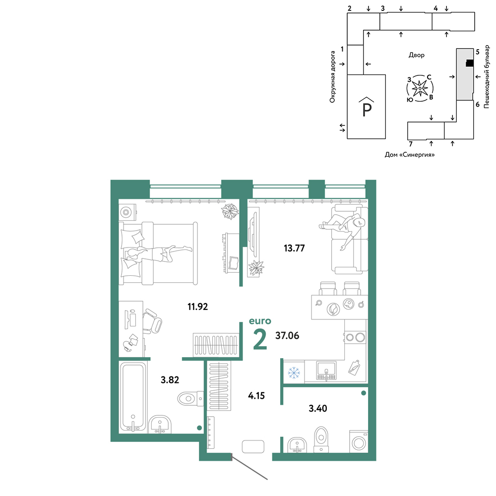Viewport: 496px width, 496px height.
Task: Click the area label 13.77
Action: [294, 248]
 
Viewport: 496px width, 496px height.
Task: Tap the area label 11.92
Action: [198, 307]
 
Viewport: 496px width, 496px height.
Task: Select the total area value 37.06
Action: [287, 335]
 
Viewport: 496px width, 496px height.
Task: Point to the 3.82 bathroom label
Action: [170, 379]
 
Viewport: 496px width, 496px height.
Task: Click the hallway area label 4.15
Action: [256, 395]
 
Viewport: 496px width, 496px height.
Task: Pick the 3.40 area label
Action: [318, 408]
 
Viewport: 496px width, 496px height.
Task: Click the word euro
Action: [260, 321]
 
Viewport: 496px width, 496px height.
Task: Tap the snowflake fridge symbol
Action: [294, 372]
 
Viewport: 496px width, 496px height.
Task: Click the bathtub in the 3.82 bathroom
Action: [133, 397]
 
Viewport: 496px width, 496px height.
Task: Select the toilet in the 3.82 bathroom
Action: [190, 399]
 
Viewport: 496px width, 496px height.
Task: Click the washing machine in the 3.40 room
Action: [359, 441]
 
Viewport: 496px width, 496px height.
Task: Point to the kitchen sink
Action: [326, 371]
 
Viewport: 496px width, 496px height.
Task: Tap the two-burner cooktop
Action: [355, 337]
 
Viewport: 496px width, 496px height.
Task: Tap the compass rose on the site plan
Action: [420, 88]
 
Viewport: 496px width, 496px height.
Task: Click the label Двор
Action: [416, 55]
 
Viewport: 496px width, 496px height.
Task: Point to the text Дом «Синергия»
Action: [410, 155]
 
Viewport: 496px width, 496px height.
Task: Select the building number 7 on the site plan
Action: [411, 144]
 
